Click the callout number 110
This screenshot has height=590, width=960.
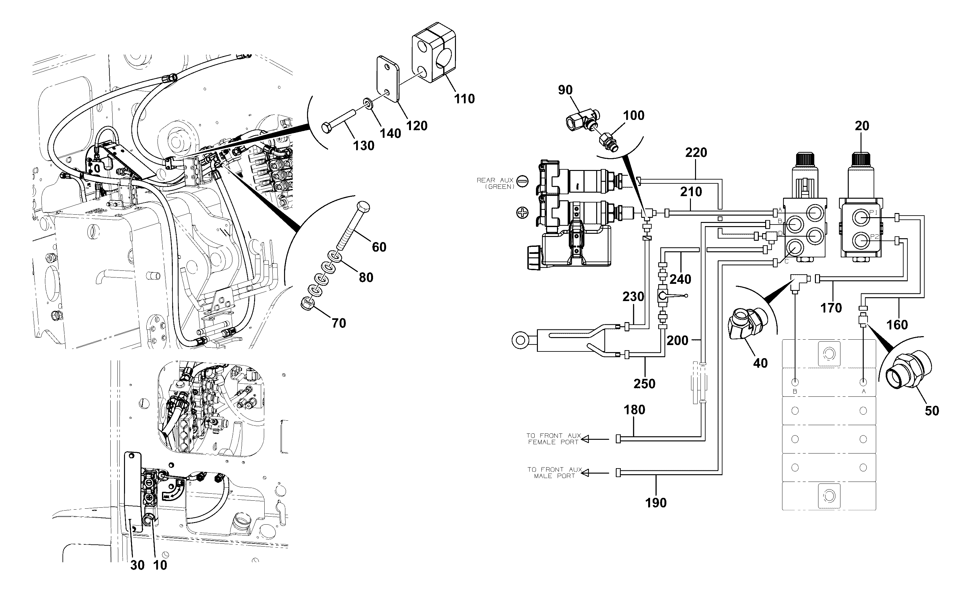point(464,99)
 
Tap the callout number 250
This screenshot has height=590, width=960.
point(644,384)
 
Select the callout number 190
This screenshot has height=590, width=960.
point(656,503)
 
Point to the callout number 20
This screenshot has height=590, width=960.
point(862,126)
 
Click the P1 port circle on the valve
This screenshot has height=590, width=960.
point(859,218)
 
